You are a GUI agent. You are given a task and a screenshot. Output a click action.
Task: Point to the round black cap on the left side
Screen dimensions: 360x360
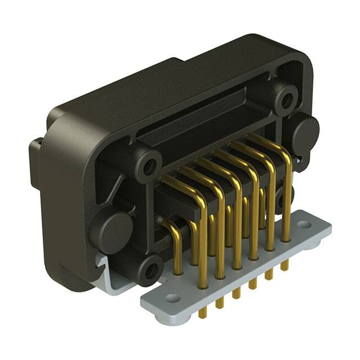pyautogui.click(x=111, y=231)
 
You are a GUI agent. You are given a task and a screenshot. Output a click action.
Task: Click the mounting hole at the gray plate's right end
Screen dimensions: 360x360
pyautogui.click(x=304, y=225)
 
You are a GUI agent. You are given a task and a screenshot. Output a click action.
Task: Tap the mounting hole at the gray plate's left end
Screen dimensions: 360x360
pyautogui.click(x=173, y=298)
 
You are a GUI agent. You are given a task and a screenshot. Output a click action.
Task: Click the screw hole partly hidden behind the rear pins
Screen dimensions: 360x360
pyautogui.click(x=280, y=197)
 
